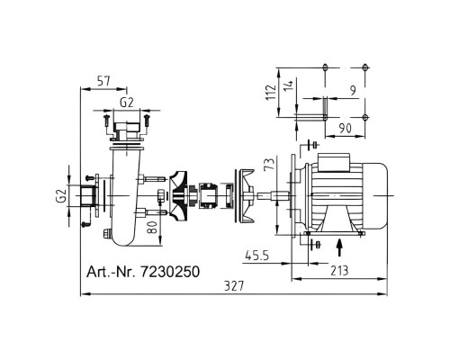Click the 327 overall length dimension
234,286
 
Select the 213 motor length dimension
339,271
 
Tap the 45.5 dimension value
257,256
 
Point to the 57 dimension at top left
103,81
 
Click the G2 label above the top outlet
127,103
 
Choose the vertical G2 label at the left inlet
61,195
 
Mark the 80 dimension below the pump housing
152,227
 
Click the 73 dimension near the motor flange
270,164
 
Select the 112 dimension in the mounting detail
271,92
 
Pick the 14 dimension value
288,86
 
